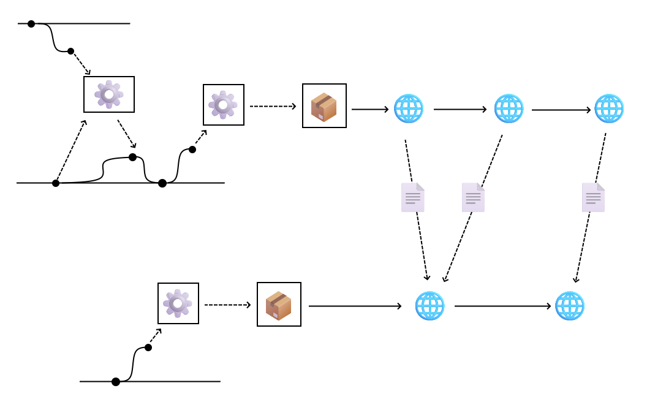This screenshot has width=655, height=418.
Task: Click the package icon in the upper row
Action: pyautogui.click(x=324, y=106)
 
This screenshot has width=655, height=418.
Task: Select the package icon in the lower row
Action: pyautogui.click(x=279, y=305)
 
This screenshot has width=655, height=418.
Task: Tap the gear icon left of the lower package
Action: pyautogui.click(x=178, y=303)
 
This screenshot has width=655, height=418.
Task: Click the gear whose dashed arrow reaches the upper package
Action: pyautogui.click(x=223, y=105)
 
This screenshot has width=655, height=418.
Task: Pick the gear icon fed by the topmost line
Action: pyautogui.click(x=109, y=94)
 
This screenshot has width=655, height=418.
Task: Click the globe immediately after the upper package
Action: pyautogui.click(x=409, y=109)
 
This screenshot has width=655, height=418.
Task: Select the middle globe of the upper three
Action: pyautogui.click(x=509, y=109)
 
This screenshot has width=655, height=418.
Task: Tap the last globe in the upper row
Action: pyautogui.click(x=609, y=109)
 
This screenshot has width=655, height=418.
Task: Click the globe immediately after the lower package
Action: pyautogui.click(x=430, y=306)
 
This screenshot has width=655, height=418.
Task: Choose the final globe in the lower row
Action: pyautogui.click(x=570, y=306)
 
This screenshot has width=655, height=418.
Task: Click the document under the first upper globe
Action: pyautogui.click(x=412, y=197)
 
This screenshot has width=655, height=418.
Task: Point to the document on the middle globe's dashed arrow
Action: pyautogui.click(x=473, y=197)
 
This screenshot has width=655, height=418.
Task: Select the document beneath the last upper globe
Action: pyautogui.click(x=593, y=197)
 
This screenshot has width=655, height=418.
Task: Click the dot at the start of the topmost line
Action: pyautogui.click(x=31, y=24)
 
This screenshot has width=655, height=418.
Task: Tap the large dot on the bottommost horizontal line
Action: pyautogui.click(x=116, y=382)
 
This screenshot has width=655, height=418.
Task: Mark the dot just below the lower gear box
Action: pyautogui.click(x=148, y=348)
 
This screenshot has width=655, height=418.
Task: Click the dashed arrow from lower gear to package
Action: pyautogui.click(x=227, y=305)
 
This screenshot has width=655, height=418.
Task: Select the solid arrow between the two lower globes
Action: pyautogui.click(x=502, y=306)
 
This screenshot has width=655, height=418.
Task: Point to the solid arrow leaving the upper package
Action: pyautogui.click(x=370, y=109)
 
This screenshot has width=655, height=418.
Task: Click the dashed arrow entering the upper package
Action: pyautogui.click(x=273, y=106)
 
